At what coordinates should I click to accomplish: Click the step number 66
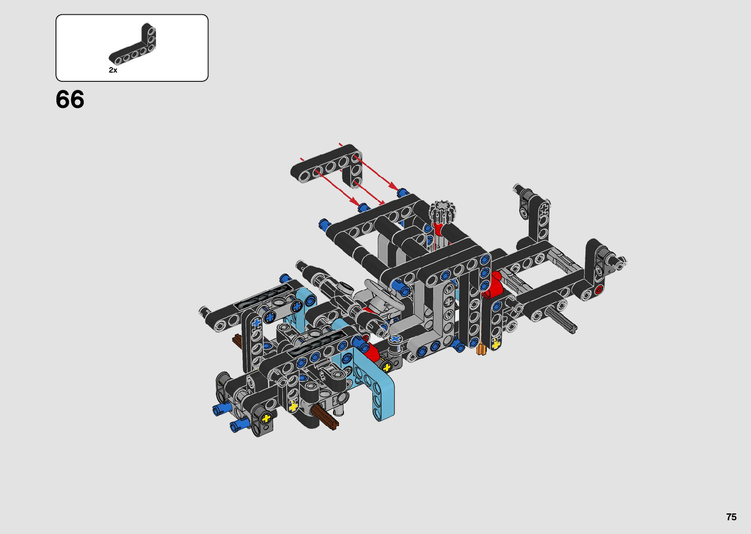coord(70,100)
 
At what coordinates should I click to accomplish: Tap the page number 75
coord(731,517)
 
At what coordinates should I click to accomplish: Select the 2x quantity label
coord(113,70)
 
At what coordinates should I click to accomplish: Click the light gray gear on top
coord(442,211)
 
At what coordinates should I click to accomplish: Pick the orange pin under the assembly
coord(481,349)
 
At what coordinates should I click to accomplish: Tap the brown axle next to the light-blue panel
coord(325,417)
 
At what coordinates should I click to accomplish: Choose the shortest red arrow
coord(369,193)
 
